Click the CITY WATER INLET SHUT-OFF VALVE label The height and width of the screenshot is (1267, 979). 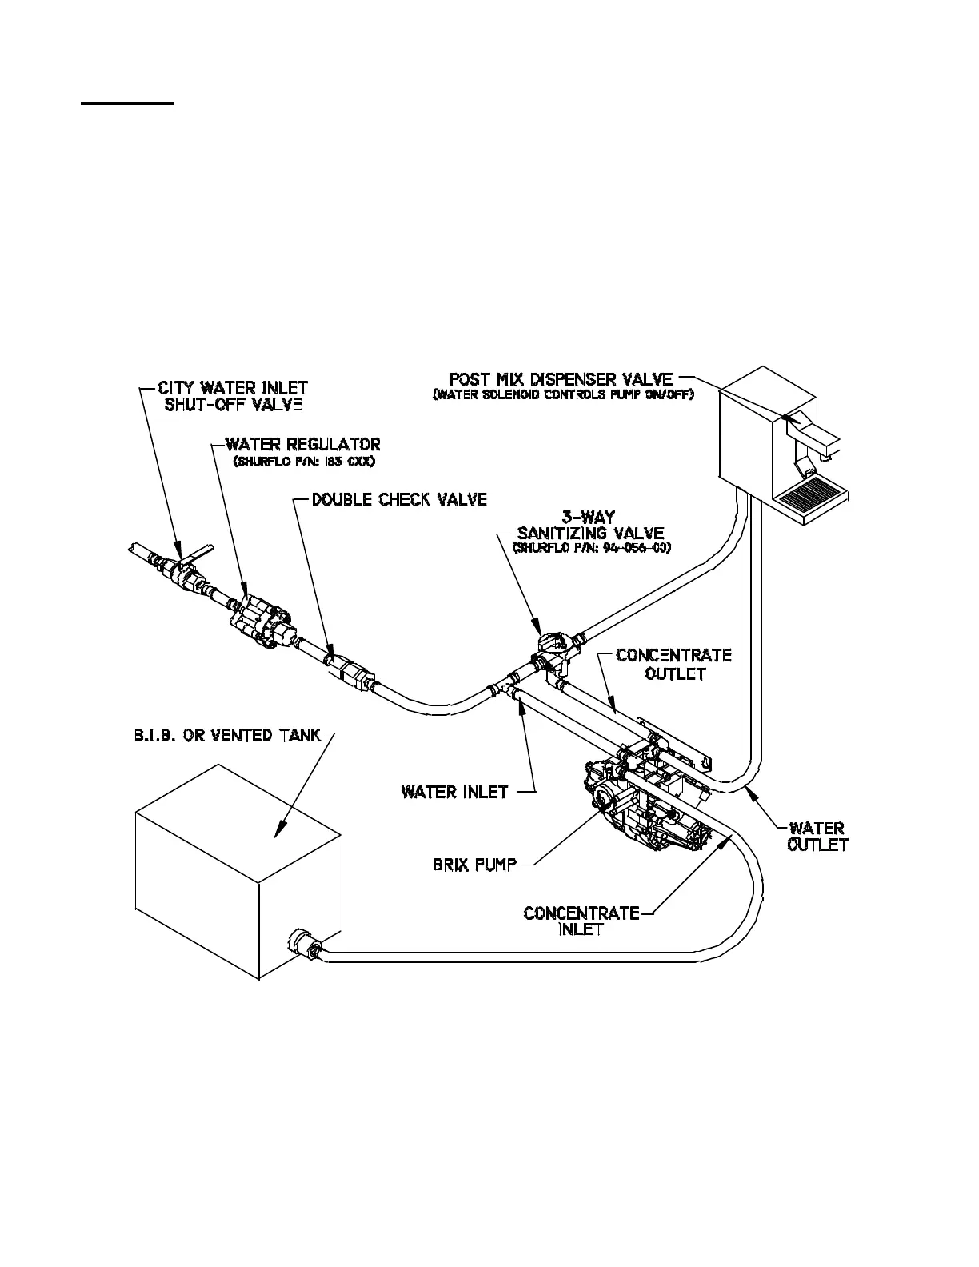click(x=233, y=396)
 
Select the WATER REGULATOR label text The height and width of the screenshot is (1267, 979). click(x=302, y=444)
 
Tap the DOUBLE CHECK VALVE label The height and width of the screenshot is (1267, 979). click(x=399, y=499)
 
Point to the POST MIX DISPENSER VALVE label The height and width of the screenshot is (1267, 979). click(x=561, y=378)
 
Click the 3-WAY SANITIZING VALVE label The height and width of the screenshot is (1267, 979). click(x=590, y=526)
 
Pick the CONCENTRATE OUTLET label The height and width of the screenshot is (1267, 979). click(x=673, y=664)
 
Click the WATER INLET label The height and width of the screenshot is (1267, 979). click(x=454, y=792)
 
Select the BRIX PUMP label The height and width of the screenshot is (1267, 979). click(x=474, y=864)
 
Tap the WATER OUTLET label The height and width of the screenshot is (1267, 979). click(x=817, y=836)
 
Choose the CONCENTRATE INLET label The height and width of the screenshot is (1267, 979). click(x=581, y=921)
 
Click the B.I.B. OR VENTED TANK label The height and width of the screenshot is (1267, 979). click(x=227, y=735)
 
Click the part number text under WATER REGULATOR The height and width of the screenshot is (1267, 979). click(x=303, y=462)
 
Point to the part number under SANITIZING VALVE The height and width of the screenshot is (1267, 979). click(x=591, y=548)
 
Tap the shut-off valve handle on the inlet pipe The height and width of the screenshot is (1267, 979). click(x=196, y=550)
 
